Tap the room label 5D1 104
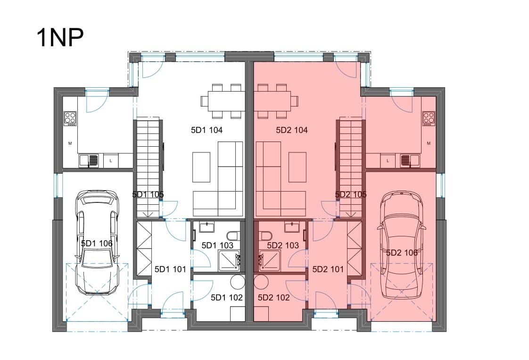(207, 130)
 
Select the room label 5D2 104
(292, 130)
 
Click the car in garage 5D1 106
(97, 242)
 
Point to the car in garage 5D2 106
(402, 242)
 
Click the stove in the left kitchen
(70, 119)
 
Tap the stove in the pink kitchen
(429, 119)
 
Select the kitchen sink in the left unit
(89, 161)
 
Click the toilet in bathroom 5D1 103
(233, 235)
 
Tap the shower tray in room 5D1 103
(230, 260)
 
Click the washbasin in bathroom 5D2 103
(292, 227)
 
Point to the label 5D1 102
(227, 298)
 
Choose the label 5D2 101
(328, 269)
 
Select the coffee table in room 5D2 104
(298, 167)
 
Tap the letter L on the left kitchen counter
(111, 161)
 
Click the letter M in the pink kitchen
(429, 143)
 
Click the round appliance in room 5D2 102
(261, 281)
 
